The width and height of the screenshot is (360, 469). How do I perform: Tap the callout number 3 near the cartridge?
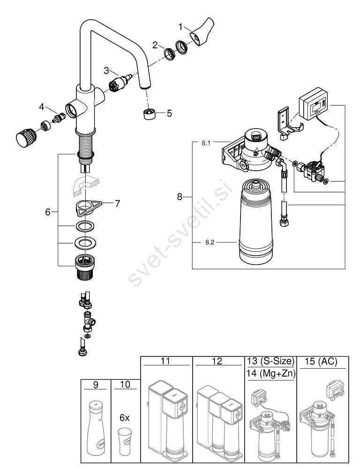[107, 70]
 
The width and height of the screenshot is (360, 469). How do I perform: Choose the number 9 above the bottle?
[96, 385]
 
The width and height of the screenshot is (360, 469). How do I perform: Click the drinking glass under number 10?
[125, 441]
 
